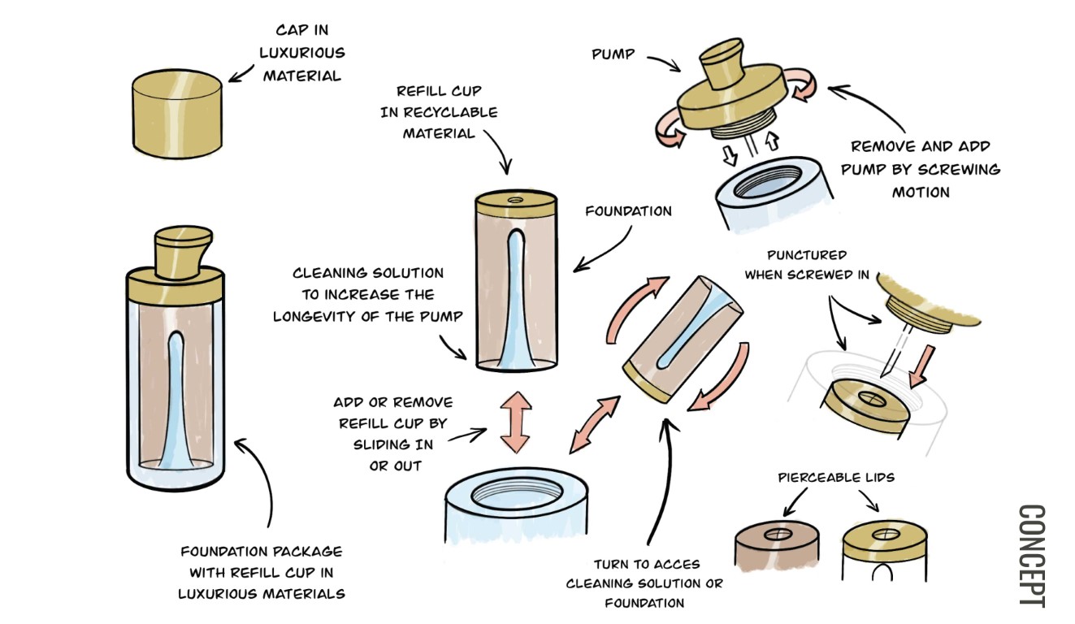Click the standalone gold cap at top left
coord(177,116)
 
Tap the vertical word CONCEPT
coord(1032,556)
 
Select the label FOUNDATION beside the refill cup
coord(629,211)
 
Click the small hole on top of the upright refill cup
coord(514,198)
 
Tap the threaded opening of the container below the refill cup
coord(521,492)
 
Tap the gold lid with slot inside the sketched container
coord(864,404)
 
